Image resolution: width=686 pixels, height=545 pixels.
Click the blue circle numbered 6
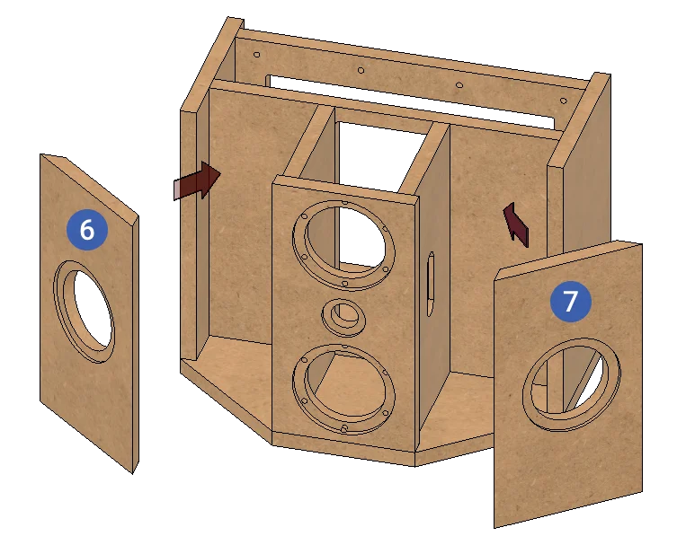87,230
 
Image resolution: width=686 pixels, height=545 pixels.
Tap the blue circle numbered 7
571,301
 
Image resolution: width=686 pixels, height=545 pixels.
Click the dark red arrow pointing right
197,180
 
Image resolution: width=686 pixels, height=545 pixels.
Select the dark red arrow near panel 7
517,224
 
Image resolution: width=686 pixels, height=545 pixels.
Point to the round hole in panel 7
572,384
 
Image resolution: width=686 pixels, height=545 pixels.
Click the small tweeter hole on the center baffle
343,316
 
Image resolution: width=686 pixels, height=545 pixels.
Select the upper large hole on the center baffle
343,244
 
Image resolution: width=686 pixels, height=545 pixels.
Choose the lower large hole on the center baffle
343,389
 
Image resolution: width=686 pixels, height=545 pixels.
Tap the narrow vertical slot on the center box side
431,283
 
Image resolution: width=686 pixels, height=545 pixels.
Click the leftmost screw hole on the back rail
257,55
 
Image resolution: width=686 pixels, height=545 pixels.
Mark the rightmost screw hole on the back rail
564,101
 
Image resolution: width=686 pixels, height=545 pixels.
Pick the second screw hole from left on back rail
361,70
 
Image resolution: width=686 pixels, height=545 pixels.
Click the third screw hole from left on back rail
459,84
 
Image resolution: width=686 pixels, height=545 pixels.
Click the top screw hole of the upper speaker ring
345,202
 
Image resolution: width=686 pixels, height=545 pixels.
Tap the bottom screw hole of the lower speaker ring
344,429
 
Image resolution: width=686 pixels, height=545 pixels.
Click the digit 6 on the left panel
87,230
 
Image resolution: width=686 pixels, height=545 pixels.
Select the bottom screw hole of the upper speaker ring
344,284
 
